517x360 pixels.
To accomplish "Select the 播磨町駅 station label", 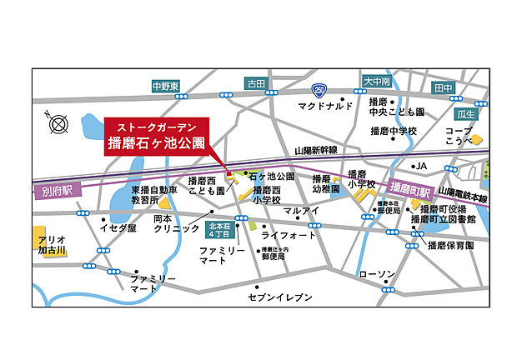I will click(409, 187).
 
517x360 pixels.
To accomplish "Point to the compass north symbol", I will click(59, 126).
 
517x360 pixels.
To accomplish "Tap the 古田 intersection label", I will click(255, 84).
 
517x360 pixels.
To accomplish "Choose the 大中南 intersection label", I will click(377, 82).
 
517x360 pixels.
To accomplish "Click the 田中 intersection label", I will click(444, 87).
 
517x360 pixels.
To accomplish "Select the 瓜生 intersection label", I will click(466, 113).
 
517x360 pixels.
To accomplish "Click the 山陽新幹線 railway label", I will click(314, 150).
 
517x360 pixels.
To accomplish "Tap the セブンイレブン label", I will click(280, 297).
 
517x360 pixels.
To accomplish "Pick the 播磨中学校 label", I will click(394, 131).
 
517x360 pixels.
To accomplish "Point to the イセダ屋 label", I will click(118, 227).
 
